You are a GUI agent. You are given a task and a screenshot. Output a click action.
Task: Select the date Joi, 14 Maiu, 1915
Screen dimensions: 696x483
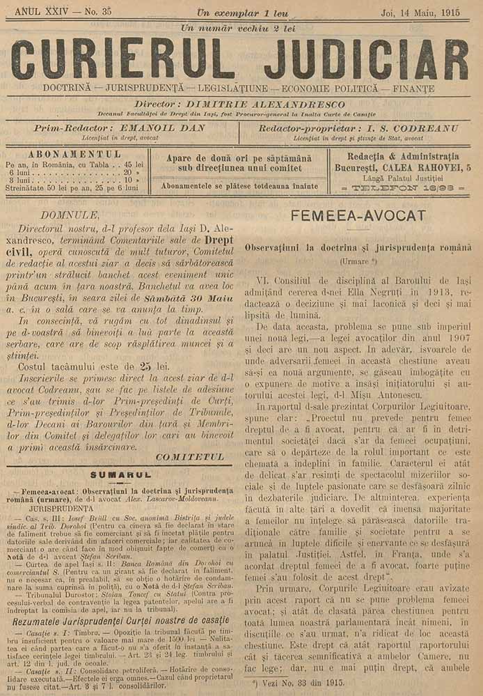coord(425,12)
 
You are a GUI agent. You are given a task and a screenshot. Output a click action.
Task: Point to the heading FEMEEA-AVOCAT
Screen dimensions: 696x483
coord(358,215)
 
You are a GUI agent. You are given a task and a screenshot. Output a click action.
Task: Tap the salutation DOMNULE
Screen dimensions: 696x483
coord(70,215)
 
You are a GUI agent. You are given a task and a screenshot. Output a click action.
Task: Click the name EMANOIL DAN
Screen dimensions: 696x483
coord(164,128)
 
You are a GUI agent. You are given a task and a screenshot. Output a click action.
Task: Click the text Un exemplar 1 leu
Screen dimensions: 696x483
coord(242,12)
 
